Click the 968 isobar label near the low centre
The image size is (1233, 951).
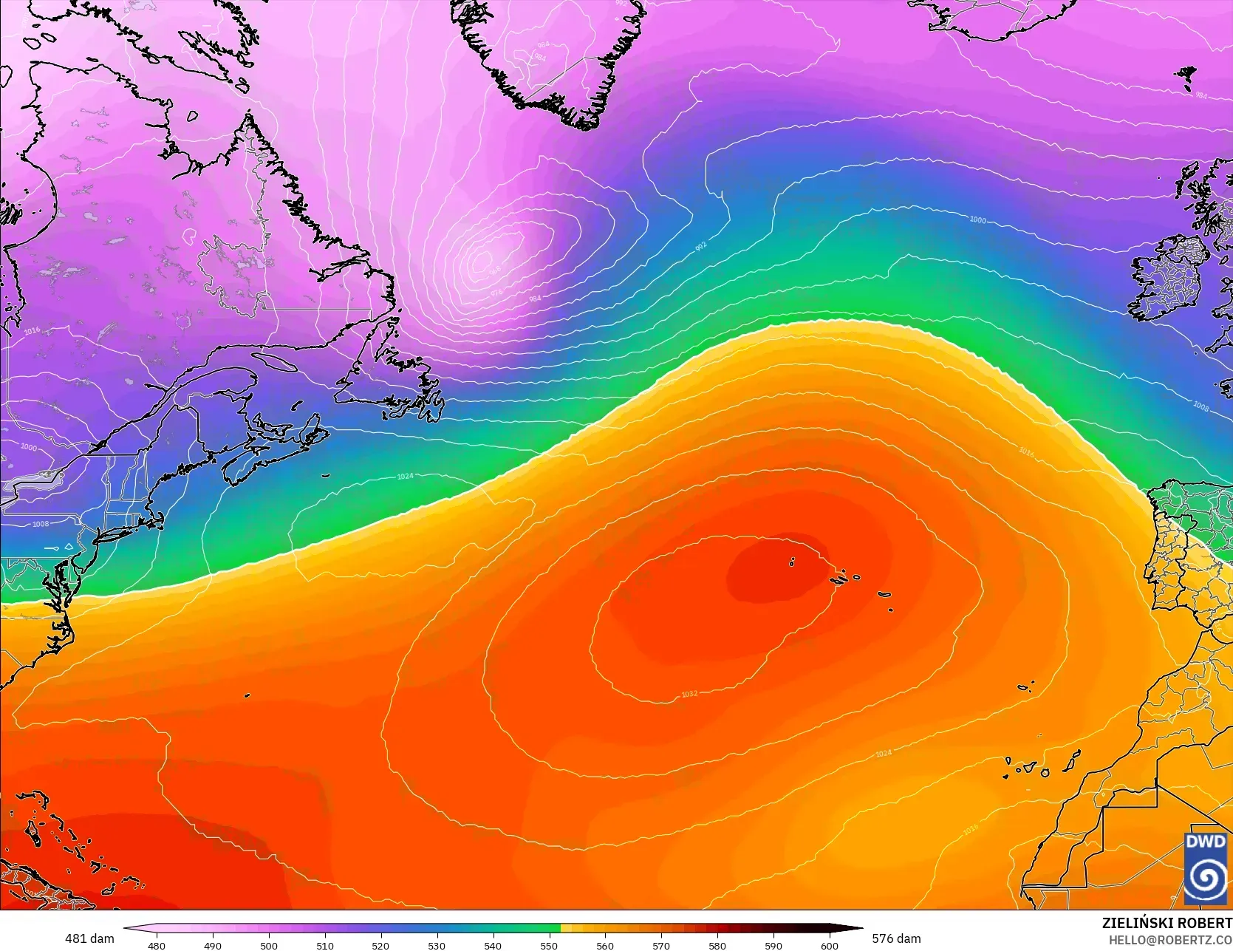coord(494,270)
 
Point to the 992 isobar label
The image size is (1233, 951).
coord(700,245)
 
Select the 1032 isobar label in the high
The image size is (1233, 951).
coord(689,694)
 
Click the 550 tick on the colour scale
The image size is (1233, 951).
coord(549,945)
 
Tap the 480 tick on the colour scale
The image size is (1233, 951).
coord(157,945)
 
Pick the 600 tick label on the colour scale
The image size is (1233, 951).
coord(829,945)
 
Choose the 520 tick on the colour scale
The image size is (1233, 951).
coord(380,945)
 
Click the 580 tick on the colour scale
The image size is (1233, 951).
coord(717,945)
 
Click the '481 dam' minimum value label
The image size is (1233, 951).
coord(89,938)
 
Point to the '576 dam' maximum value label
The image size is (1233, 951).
coord(896,938)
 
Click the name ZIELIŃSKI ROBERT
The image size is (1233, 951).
coord(1167,924)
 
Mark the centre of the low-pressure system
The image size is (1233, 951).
coord(482,259)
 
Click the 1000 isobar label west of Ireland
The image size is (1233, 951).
coord(977,219)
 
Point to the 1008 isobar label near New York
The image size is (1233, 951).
coord(41,524)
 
